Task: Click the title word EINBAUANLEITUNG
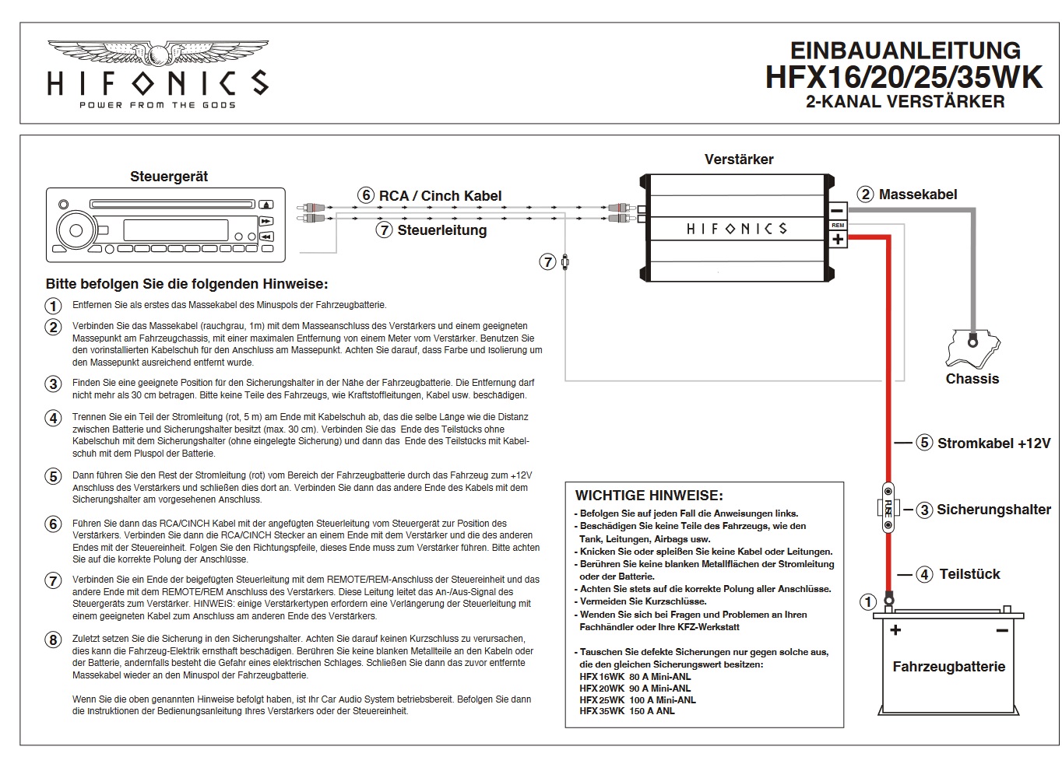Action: tap(905, 51)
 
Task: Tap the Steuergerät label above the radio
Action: tap(169, 177)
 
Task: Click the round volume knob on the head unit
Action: tap(76, 230)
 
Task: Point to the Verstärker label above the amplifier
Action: tap(739, 159)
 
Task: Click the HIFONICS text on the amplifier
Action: tap(737, 229)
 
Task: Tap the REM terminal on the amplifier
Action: tap(838, 225)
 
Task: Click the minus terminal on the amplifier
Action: tap(838, 211)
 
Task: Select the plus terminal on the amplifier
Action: tap(838, 239)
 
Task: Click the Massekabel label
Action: tap(917, 195)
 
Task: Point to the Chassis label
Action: tap(972, 379)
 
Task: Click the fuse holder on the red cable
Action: tap(888, 509)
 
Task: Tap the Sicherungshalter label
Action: tap(993, 510)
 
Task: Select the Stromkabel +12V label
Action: tap(993, 443)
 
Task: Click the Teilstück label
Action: tap(969, 574)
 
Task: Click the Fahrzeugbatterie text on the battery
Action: tap(948, 667)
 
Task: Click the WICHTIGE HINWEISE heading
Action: tap(649, 496)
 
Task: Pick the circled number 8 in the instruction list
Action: tap(53, 640)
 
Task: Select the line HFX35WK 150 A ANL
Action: tap(627, 711)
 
